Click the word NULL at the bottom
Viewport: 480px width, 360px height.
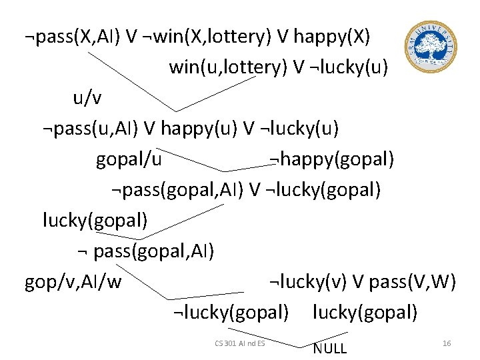coord(330,348)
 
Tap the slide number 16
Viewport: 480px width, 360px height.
coord(447,343)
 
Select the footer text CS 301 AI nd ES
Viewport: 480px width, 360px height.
coord(240,343)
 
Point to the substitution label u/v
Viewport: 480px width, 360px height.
coord(88,98)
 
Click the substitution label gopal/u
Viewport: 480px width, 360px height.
coord(129,160)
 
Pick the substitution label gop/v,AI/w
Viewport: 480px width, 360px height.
coord(73,282)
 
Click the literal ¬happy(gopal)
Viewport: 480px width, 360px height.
coord(331,160)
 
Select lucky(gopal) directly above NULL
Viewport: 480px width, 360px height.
coord(365,312)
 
